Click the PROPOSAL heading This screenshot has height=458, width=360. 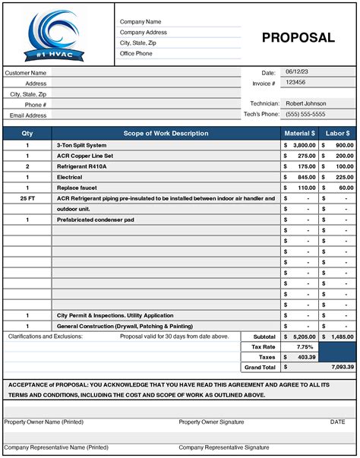(298, 37)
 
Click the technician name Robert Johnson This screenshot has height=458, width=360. (305, 103)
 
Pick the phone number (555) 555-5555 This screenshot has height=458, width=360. (305, 114)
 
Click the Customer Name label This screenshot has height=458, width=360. (26, 73)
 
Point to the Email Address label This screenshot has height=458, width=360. (28, 115)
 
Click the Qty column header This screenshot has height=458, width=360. (27, 133)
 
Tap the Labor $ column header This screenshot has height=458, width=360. (338, 133)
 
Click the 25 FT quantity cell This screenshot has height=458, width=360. (27, 197)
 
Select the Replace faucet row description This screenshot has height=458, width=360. (77, 187)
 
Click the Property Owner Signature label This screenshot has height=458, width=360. (211, 422)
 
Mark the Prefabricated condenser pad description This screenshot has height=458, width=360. (95, 219)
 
